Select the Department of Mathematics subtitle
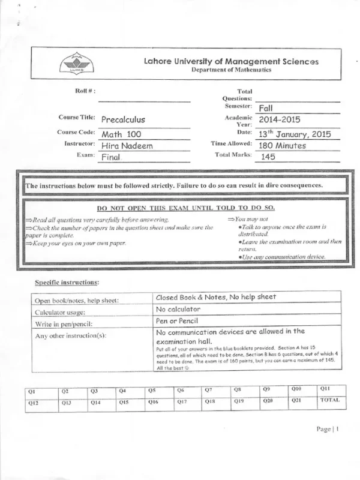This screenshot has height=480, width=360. tap(231, 70)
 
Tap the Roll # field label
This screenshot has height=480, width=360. tap(86, 91)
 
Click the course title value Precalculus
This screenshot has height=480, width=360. tap(123, 119)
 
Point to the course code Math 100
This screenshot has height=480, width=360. tap(121, 134)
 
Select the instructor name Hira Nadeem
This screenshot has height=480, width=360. tap(127, 145)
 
